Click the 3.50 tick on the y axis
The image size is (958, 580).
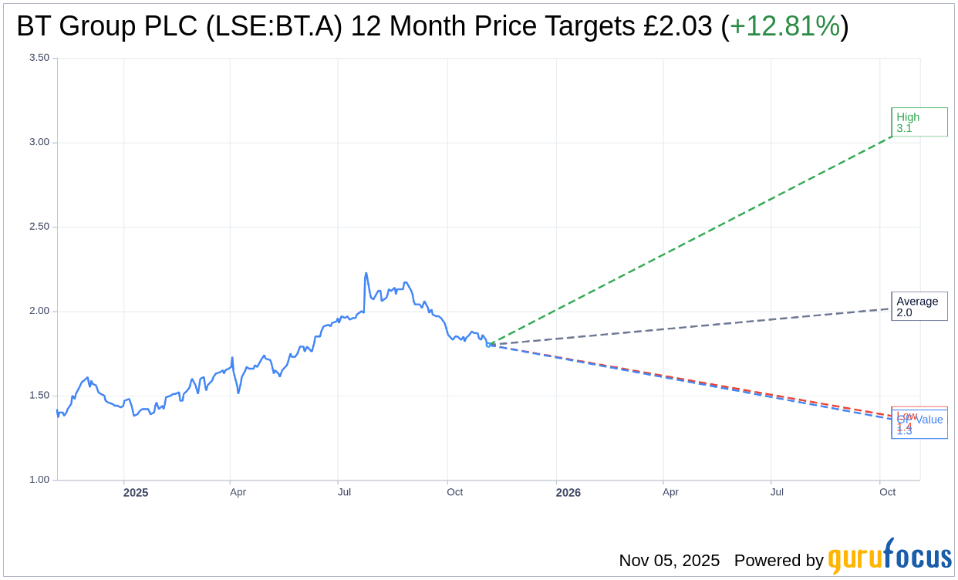tap(39, 58)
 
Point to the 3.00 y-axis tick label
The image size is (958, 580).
tap(39, 142)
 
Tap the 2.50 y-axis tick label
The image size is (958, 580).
tap(39, 227)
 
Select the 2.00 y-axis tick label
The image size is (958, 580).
tap(39, 311)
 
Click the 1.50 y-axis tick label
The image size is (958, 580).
tap(39, 396)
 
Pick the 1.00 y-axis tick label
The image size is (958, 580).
tap(39, 480)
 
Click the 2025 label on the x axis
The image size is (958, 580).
tap(136, 492)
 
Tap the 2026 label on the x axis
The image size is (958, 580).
tap(568, 492)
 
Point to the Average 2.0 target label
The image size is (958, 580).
tap(919, 307)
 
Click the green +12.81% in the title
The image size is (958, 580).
tap(784, 26)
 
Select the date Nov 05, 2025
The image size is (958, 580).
tap(669, 561)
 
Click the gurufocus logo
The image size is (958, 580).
tap(889, 558)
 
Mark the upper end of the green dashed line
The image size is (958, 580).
tap(892, 137)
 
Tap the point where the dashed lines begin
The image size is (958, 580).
tap(488, 345)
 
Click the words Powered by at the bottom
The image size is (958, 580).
tap(778, 561)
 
